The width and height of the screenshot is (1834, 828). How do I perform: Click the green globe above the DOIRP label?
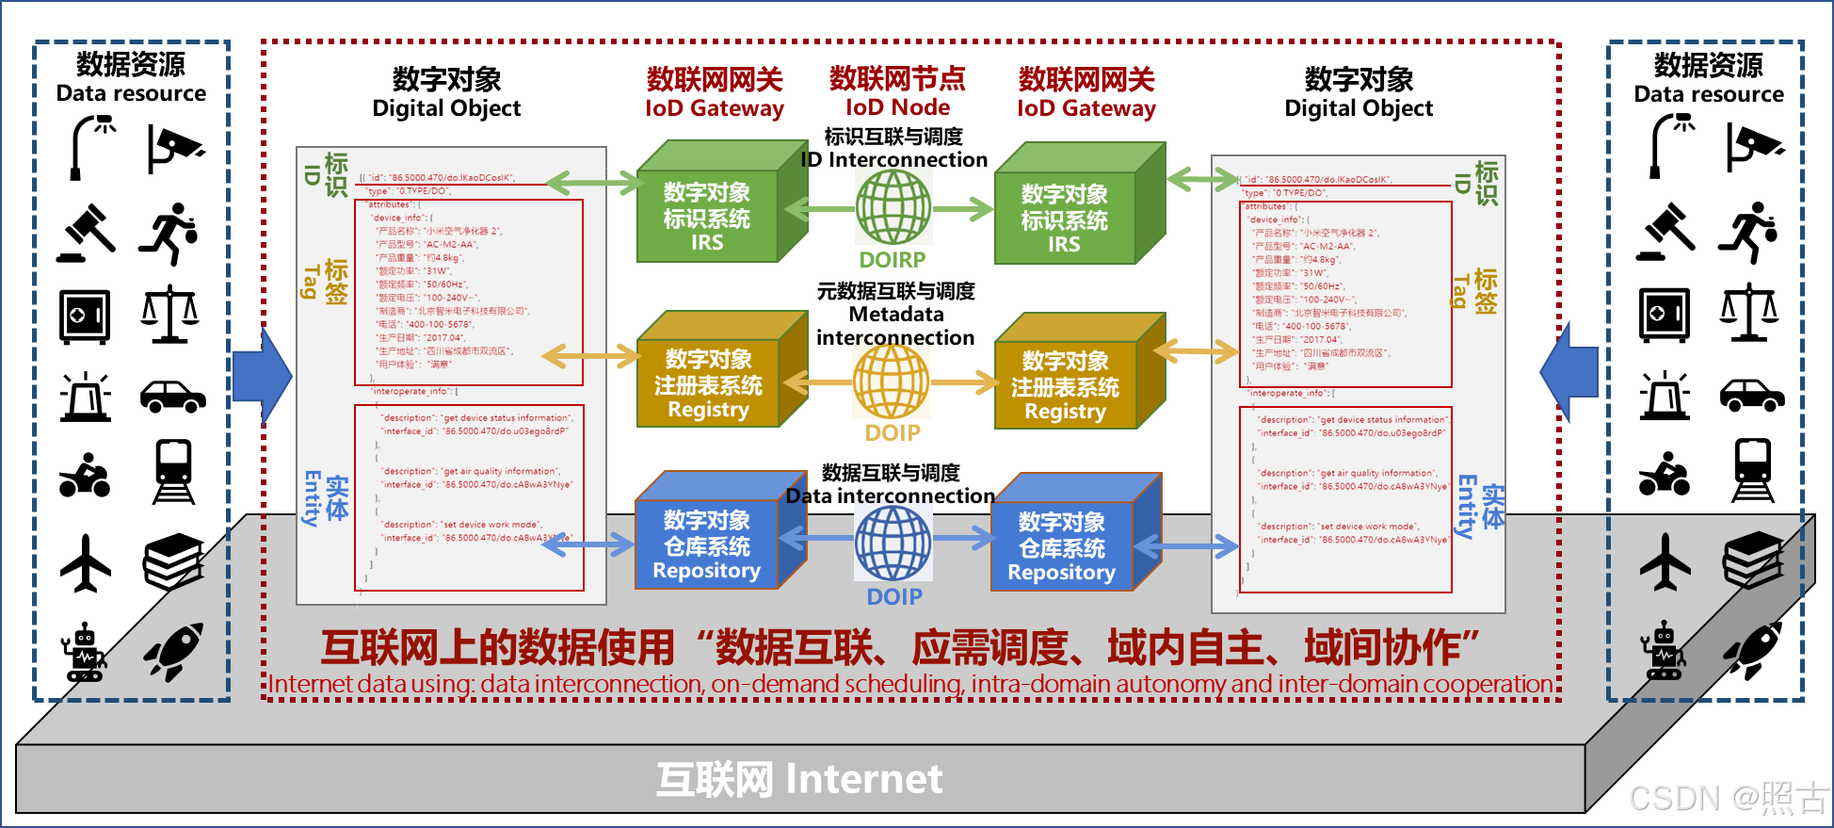[893, 208]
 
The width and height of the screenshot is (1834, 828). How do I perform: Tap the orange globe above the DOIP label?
[892, 382]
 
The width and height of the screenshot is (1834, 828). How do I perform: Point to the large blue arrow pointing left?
[1569, 373]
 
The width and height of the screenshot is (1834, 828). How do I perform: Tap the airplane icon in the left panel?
[86, 563]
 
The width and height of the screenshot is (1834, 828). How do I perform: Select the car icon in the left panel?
[172, 396]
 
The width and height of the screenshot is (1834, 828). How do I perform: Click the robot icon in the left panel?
[84, 652]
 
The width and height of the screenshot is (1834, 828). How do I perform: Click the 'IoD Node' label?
[897, 107]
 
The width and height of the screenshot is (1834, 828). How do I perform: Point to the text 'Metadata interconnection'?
[895, 326]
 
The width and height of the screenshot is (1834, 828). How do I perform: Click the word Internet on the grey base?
[863, 779]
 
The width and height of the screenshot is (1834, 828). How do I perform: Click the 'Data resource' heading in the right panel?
[1708, 94]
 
